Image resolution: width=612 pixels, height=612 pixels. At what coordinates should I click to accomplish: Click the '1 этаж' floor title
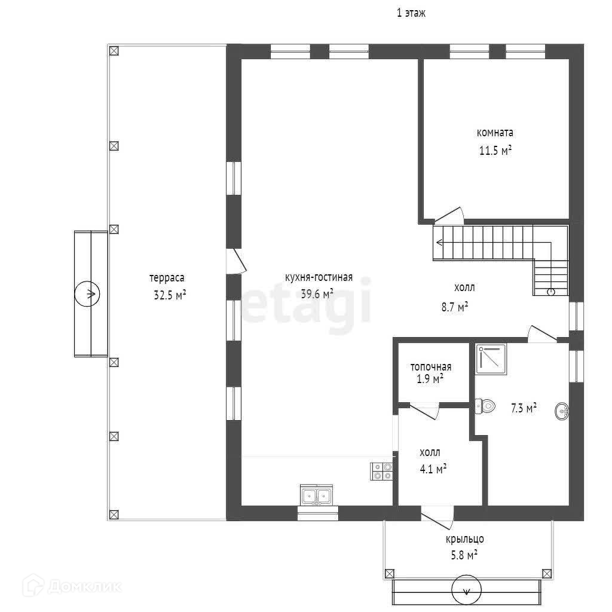coord(411,13)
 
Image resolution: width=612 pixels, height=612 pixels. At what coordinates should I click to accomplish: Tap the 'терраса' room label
coord(167,277)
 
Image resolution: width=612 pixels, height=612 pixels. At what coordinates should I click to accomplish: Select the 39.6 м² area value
coord(317,293)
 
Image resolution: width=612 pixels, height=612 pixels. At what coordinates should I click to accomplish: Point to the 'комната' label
coord(494,133)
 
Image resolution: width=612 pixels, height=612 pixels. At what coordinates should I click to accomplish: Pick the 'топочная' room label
coord(430,367)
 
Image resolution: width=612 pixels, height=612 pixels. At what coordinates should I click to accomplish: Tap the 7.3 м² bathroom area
coord(523,408)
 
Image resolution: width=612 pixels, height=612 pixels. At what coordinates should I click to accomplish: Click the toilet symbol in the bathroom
coord(485,406)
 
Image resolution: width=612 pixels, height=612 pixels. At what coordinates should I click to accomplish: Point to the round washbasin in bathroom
coord(562,411)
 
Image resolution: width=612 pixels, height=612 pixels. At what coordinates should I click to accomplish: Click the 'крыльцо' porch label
coord(464,539)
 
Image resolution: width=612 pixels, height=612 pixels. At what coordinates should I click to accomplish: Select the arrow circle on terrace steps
coord(87,294)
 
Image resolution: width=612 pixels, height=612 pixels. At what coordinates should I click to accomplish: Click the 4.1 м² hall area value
coord(433,470)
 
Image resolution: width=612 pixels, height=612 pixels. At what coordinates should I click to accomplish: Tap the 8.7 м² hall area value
coord(454,307)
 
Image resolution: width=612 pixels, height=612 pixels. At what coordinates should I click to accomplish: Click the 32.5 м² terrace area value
coord(170,295)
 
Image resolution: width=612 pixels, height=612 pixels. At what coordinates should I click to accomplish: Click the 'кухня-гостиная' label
coord(319,277)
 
